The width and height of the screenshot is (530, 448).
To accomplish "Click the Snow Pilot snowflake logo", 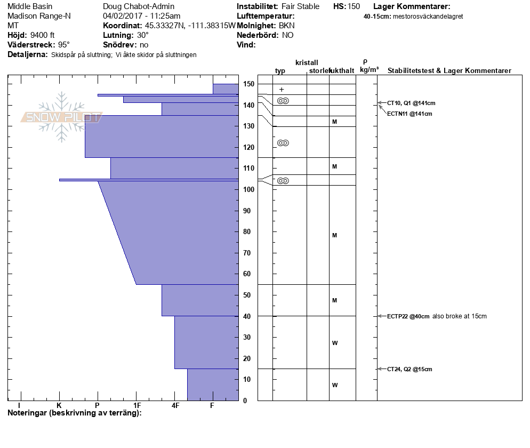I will point(62,117).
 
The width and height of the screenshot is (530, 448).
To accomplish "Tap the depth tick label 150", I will point(248,84).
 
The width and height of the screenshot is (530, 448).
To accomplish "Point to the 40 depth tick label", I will point(248,316).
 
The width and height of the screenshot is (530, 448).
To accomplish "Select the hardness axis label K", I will point(59,405).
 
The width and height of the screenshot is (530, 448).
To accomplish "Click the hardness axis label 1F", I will point(137,405).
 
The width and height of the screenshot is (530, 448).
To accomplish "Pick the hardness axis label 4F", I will point(175,405).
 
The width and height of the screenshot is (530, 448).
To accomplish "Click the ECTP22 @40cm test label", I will point(408,316).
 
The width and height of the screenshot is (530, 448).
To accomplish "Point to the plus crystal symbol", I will point(282,90).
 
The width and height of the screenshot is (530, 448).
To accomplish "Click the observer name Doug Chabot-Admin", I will point(138,6).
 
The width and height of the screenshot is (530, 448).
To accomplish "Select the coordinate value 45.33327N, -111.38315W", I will point(190,26).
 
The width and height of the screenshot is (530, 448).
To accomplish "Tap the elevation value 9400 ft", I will point(43,35).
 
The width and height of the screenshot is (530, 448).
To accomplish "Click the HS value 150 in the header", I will point(354,6).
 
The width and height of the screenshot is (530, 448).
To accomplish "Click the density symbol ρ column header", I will point(365,61).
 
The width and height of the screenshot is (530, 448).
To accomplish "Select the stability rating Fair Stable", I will point(301,6).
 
